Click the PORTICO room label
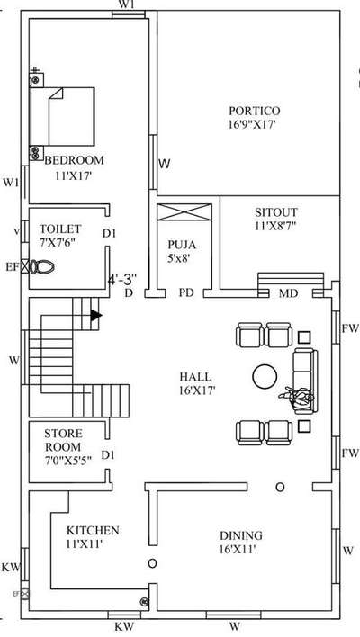[255, 111]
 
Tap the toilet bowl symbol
[42, 267]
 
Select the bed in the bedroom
[62, 116]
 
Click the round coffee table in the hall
[265, 377]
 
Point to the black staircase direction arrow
[96, 315]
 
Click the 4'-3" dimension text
[122, 280]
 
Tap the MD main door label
[289, 293]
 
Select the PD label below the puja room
[186, 293]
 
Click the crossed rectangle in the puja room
[184, 212]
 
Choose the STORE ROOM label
[63, 440]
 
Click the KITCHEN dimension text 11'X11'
[84, 544]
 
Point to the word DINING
[241, 535]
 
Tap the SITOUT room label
[276, 212]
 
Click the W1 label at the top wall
[126, 4]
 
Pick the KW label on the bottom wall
[124, 626]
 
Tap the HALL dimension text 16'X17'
[197, 390]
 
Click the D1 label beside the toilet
[109, 234]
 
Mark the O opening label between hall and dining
[280, 487]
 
